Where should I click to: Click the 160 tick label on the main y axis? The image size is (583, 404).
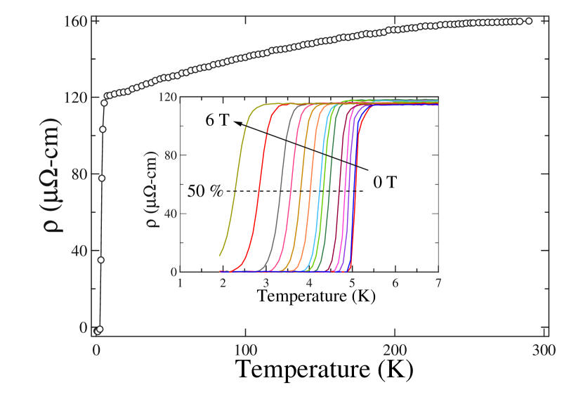79,22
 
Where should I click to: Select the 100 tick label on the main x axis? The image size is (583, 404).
245,350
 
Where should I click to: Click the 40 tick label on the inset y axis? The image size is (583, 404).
169,213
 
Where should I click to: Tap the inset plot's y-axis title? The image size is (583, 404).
152,184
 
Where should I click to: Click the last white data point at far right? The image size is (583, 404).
529,21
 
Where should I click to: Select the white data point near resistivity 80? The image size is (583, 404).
102,178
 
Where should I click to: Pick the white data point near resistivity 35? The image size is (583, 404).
100,260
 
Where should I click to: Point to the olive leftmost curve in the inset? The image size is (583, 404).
236,176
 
